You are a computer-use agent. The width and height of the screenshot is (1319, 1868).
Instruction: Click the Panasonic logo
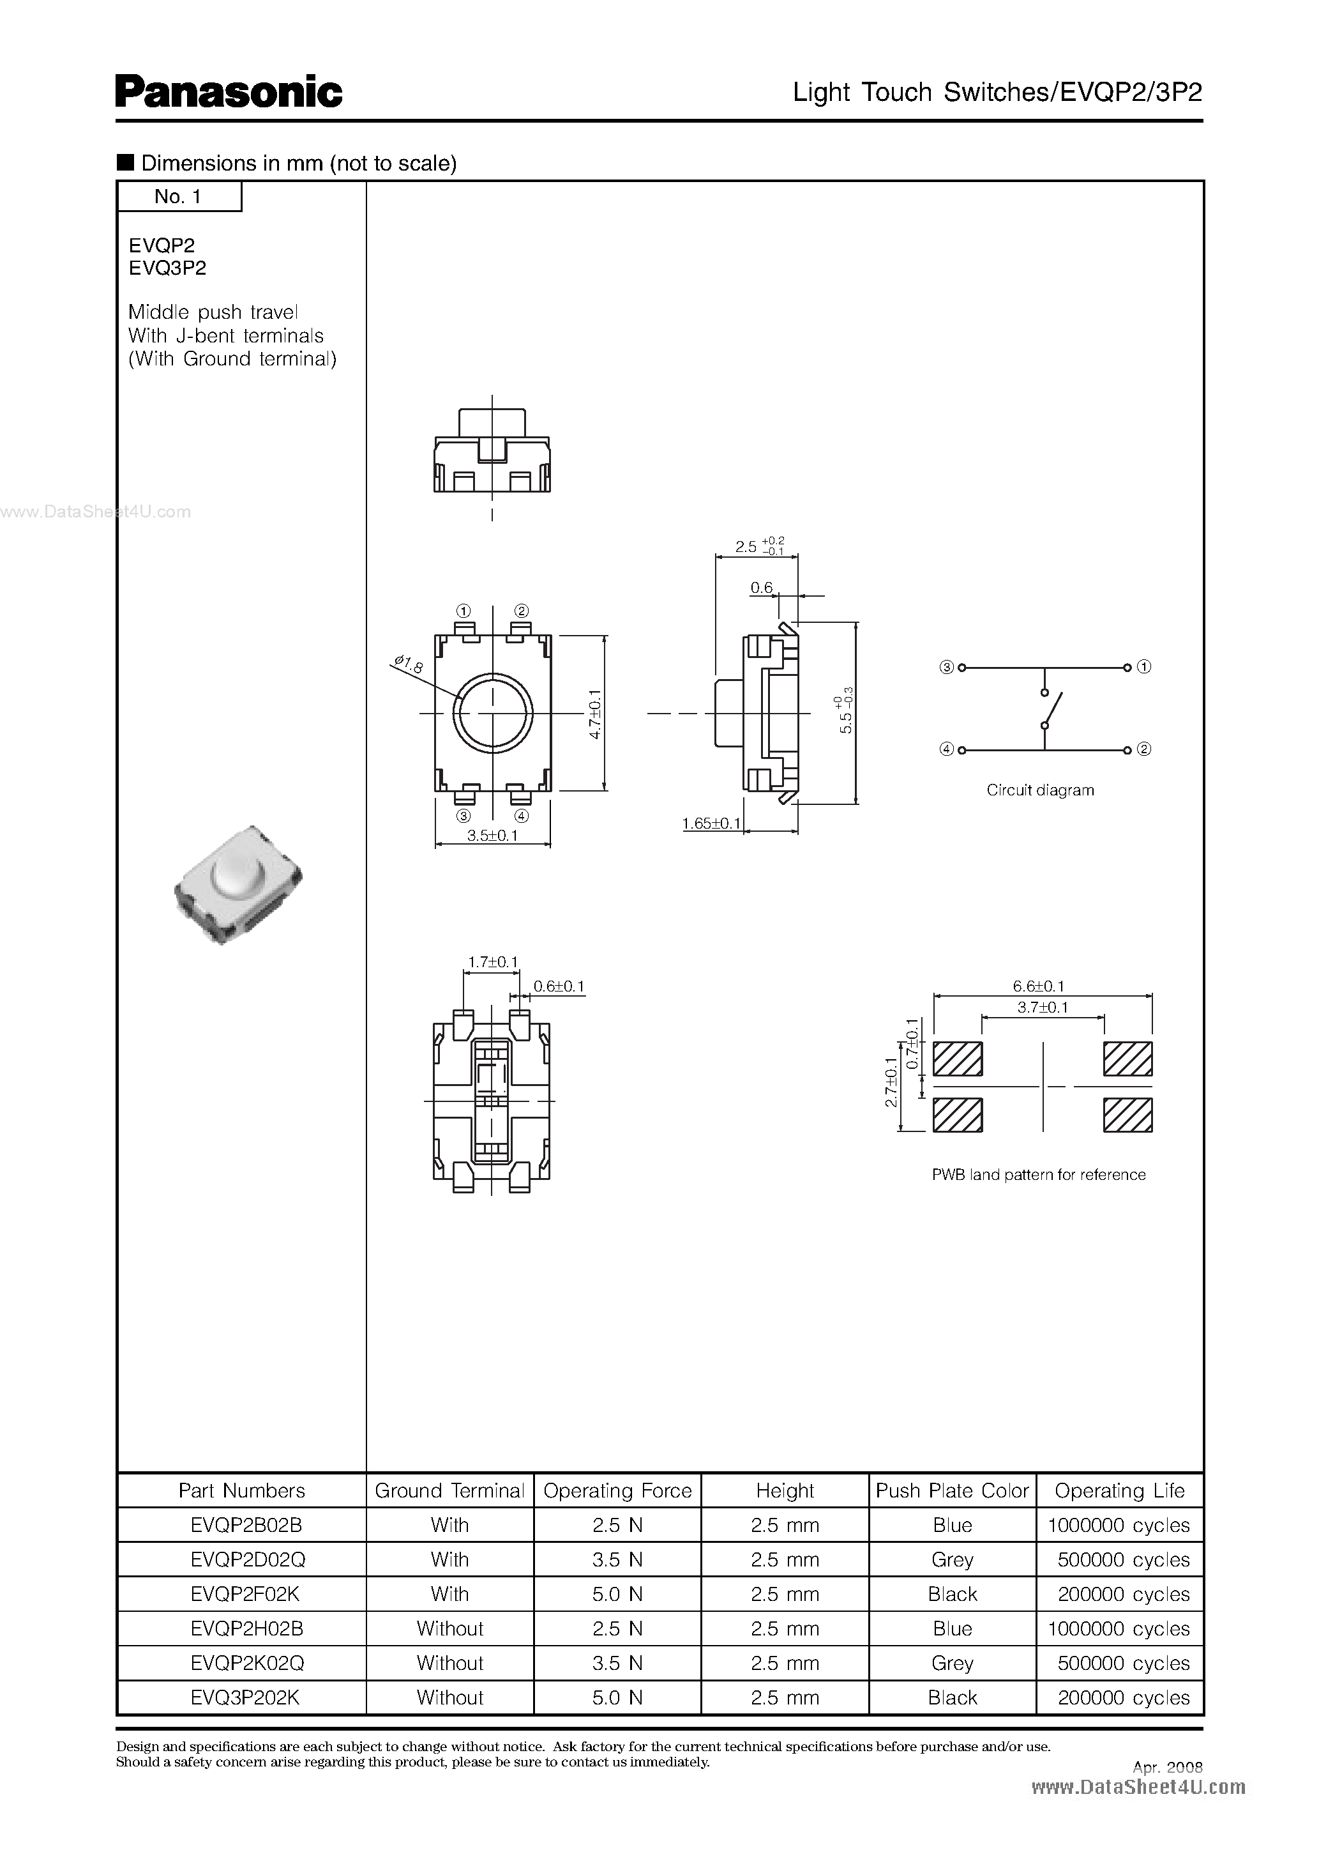(229, 92)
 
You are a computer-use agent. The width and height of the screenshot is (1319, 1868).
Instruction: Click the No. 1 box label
(178, 196)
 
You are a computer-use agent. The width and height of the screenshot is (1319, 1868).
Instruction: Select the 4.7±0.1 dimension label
(594, 714)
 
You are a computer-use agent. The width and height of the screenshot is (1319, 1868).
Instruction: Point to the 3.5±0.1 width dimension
(493, 836)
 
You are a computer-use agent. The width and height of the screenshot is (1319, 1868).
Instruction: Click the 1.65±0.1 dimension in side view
(712, 823)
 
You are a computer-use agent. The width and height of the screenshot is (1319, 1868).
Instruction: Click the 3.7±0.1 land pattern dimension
(1043, 1007)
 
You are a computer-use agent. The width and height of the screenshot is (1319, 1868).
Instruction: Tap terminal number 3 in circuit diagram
(947, 667)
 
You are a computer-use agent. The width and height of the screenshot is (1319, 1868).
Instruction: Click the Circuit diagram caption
(1040, 790)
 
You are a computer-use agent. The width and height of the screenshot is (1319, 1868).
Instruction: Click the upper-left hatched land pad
(957, 1059)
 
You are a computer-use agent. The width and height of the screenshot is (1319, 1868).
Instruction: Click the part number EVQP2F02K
(247, 1594)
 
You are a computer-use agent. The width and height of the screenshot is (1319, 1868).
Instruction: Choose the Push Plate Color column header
(953, 1490)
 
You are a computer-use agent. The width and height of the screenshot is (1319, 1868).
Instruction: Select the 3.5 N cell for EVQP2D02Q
(617, 1559)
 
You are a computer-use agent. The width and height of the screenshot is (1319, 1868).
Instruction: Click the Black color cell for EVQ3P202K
(953, 1697)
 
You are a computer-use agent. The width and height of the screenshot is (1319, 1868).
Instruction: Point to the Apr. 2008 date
(1167, 1767)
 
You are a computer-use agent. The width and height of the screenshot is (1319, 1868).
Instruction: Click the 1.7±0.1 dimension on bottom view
(493, 961)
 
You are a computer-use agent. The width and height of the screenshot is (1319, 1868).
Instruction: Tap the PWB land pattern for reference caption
(1039, 1175)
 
